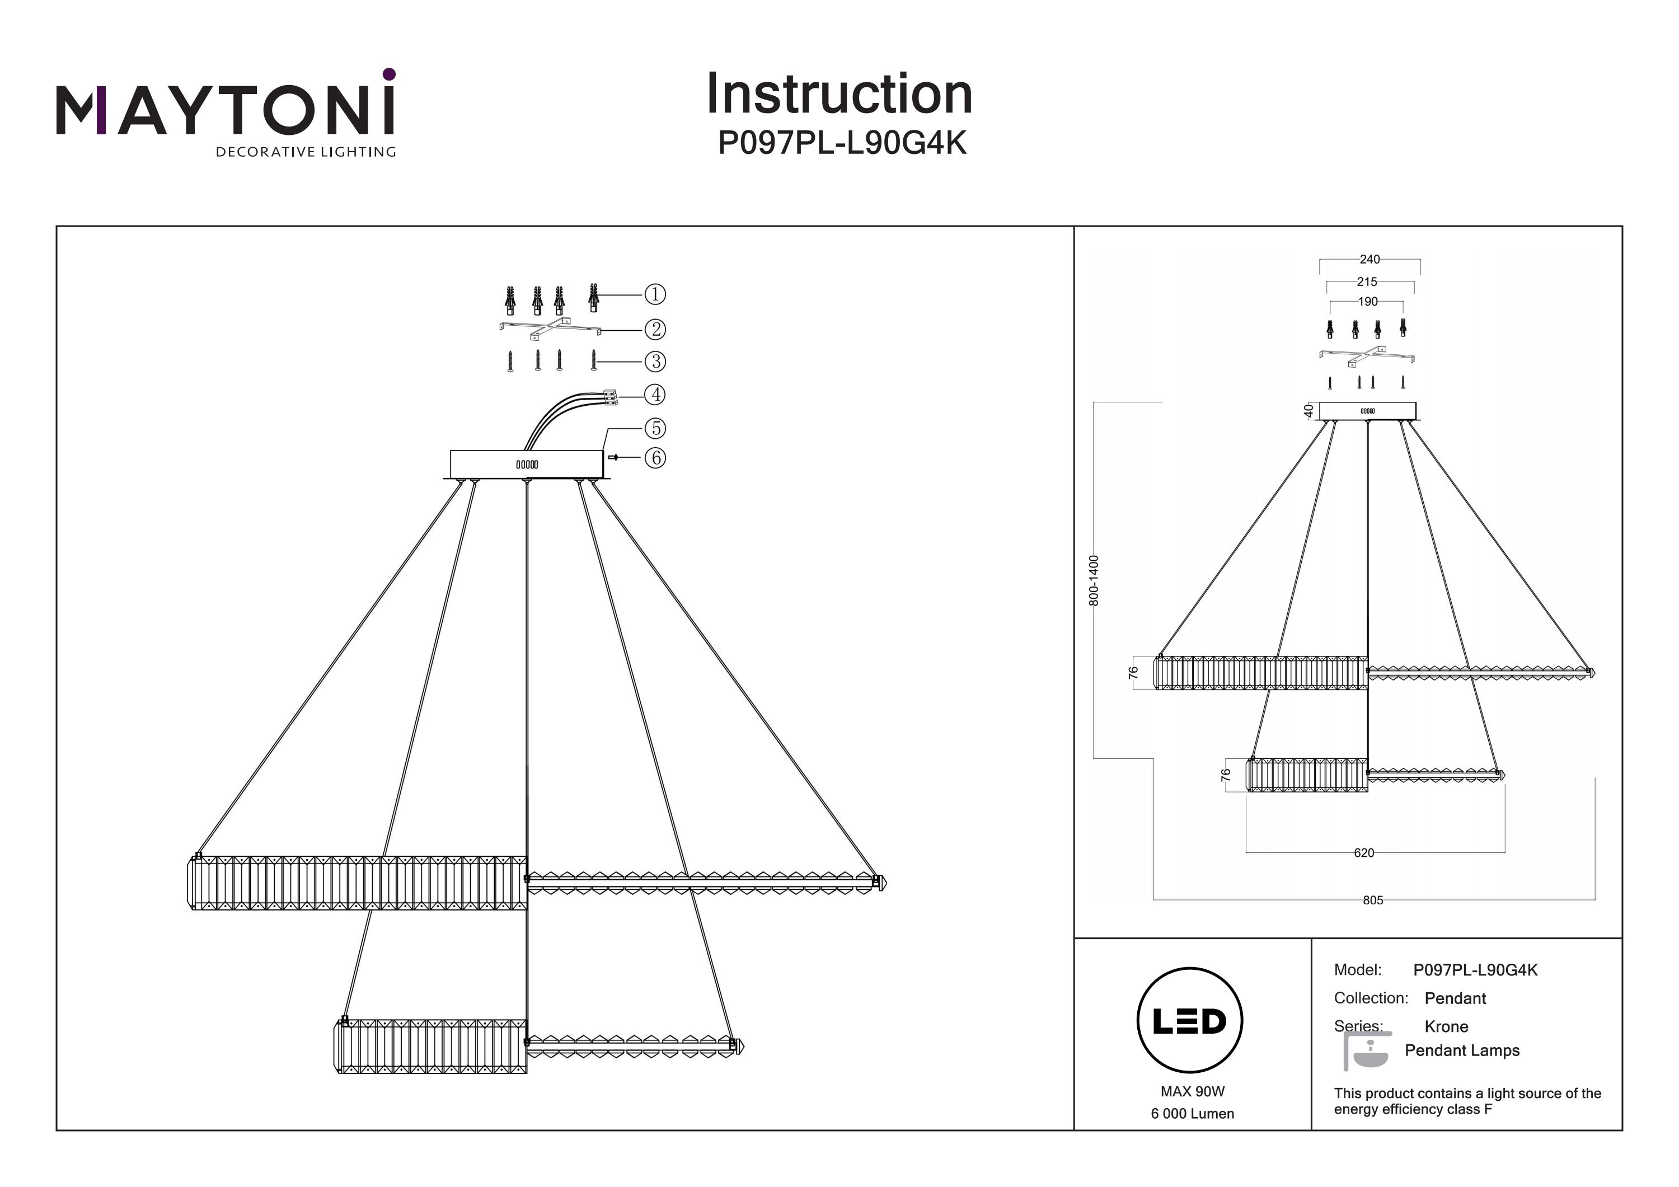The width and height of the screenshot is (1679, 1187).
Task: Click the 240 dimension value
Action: pos(1369,260)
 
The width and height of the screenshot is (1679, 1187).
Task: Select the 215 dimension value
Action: pos(1367,281)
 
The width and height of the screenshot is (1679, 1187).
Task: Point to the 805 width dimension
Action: pos(1373,900)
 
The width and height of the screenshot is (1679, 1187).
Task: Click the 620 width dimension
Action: pos(1364,853)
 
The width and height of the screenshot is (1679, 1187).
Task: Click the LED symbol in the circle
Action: pos(1190,1021)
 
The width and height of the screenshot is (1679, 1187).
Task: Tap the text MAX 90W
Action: pos(1192,1092)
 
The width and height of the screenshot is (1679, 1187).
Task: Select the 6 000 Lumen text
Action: pos(1192,1114)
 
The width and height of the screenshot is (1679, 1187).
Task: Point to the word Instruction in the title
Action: pos(839,95)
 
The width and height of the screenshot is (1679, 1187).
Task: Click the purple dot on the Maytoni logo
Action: pos(389,74)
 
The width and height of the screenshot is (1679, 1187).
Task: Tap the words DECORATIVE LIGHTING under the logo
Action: pos(306,152)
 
